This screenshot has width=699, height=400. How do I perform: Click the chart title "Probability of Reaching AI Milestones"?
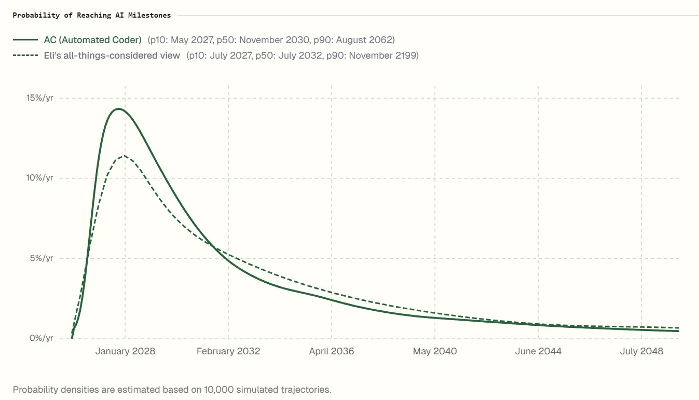[x=91, y=15]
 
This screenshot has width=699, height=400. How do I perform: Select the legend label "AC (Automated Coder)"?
[x=92, y=40]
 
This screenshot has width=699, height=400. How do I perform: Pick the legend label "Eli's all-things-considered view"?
[x=112, y=56]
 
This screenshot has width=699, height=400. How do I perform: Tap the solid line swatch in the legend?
[x=25, y=40]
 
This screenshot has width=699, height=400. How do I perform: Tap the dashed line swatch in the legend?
[x=25, y=56]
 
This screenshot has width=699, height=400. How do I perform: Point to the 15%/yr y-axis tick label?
[x=40, y=98]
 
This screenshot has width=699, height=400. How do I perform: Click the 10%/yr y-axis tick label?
[x=40, y=178]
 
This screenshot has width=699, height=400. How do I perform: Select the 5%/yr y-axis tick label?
[x=42, y=258]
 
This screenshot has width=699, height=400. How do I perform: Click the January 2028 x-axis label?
[x=125, y=351]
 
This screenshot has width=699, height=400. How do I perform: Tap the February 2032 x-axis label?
[x=228, y=351]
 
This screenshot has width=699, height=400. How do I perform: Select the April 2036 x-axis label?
[x=332, y=351]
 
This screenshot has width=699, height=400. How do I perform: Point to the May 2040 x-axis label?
[x=435, y=351]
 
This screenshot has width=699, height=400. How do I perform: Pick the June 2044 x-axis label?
[x=538, y=351]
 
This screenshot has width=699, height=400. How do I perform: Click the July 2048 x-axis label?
[x=641, y=351]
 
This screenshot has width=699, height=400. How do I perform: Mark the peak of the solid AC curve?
[x=118, y=108]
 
